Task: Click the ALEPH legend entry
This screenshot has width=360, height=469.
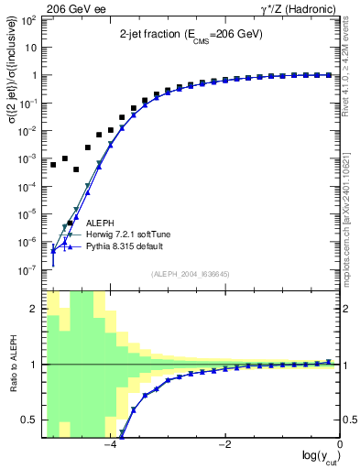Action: (101, 223)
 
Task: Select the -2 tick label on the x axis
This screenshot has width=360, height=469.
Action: (224, 444)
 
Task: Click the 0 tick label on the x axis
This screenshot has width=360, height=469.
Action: (340, 444)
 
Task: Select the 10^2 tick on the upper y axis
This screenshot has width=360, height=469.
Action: (28, 20)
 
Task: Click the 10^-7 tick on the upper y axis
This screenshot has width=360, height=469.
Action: (28, 270)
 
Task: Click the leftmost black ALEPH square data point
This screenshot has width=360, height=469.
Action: (53, 165)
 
